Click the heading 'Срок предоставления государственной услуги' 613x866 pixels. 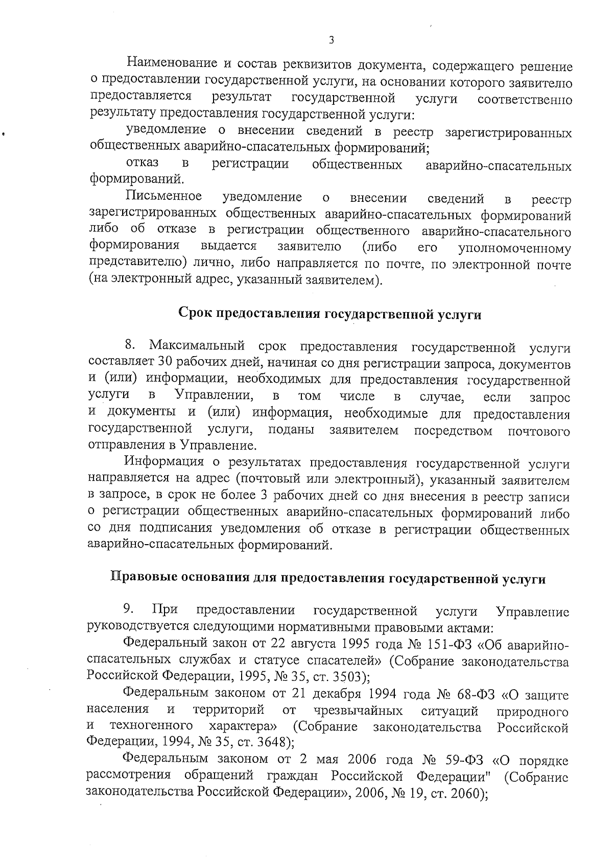pos(329,314)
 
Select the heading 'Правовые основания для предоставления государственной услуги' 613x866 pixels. pos(328,578)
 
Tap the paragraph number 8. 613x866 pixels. pos(129,347)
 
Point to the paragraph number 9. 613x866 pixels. pos(128,610)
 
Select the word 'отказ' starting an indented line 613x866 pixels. pos(142,163)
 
